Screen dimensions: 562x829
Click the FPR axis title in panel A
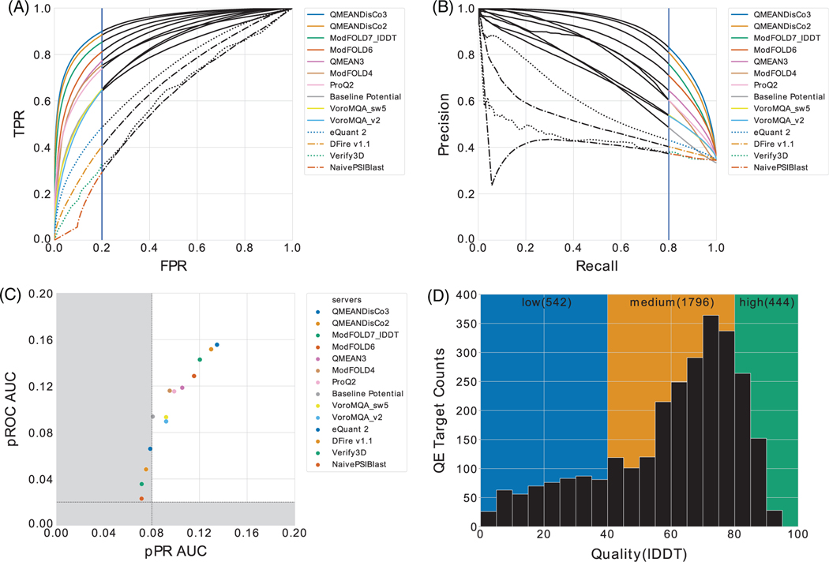pyautogui.click(x=173, y=266)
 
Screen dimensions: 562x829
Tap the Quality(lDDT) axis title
pyautogui.click(x=638, y=553)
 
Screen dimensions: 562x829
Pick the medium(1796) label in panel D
pyautogui.click(x=670, y=302)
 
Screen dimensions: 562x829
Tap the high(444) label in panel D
pyautogui.click(x=766, y=302)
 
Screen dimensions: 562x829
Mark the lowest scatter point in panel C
pyautogui.click(x=141, y=499)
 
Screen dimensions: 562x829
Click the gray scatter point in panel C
pyautogui.click(x=152, y=416)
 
